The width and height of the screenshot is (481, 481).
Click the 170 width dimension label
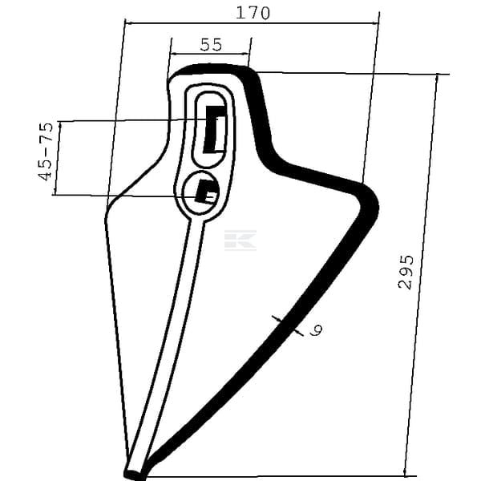(253, 13)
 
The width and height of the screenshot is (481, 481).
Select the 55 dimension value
(211, 44)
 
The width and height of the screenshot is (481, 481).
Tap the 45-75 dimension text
(46, 152)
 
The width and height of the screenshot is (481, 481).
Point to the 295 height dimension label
(406, 272)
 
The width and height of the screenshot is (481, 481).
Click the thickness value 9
(316, 330)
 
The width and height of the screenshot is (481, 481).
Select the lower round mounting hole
(201, 192)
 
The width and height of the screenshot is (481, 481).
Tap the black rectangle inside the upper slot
(215, 129)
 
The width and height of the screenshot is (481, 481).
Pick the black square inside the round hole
(207, 192)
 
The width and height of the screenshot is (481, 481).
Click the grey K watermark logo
(240, 240)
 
